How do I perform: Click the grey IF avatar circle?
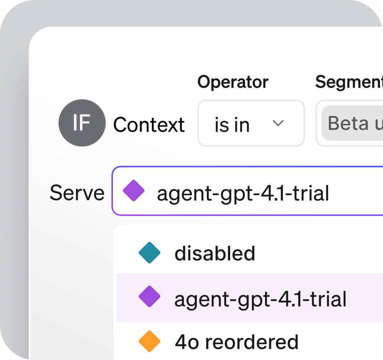(82, 123)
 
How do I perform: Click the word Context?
(149, 125)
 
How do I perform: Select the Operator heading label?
(233, 82)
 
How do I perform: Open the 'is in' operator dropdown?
(251, 123)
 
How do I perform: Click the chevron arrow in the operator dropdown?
(278, 123)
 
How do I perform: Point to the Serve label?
(77, 192)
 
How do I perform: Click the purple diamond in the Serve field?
(133, 190)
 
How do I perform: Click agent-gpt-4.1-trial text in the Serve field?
(243, 193)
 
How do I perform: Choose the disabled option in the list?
(215, 253)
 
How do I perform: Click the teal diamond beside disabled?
(149, 252)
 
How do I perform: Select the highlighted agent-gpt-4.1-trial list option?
(260, 298)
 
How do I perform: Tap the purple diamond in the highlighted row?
(149, 297)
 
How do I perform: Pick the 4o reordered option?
(236, 341)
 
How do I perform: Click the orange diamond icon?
(149, 341)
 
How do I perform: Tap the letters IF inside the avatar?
(82, 123)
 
